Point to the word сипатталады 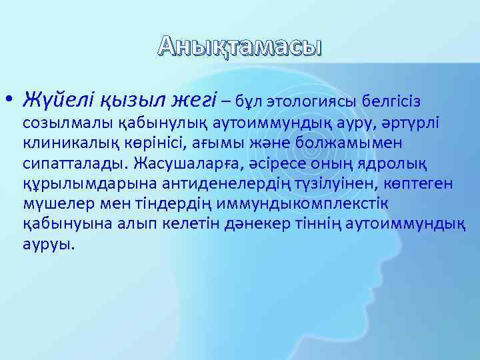(75, 163)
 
